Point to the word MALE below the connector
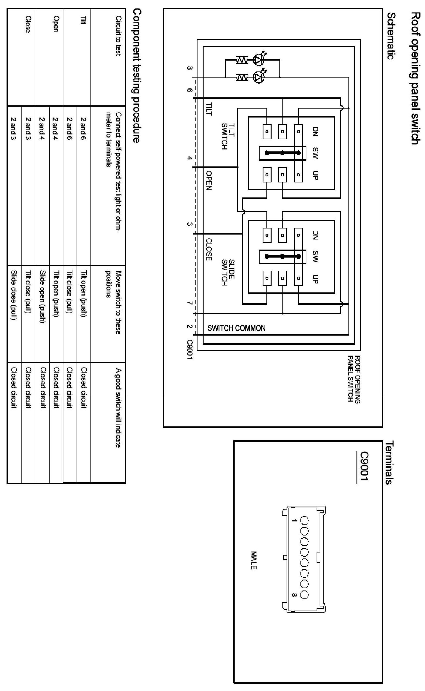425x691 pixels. point(254,560)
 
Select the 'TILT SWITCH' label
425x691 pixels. point(228,136)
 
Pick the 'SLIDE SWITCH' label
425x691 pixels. point(228,272)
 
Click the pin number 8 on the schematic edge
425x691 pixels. point(190,68)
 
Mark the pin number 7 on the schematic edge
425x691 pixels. point(190,303)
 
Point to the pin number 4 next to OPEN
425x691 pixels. point(190,158)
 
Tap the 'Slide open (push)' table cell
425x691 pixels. point(42,296)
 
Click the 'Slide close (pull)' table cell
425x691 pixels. point(14,295)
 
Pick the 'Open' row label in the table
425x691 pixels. point(56,24)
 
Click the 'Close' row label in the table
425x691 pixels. point(28,24)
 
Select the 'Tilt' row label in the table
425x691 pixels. point(83,20)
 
